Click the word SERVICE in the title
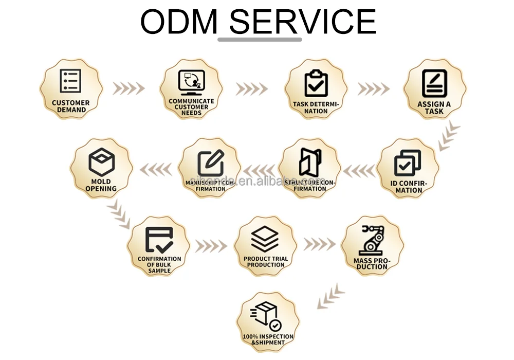click(x=302, y=22)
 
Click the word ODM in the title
click(x=179, y=22)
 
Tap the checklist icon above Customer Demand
click(x=71, y=81)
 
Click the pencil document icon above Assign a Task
click(x=434, y=83)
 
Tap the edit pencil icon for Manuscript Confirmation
click(x=211, y=163)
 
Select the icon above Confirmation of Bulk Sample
click(x=159, y=240)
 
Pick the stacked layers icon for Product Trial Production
click(x=265, y=239)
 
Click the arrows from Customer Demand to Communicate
click(x=128, y=88)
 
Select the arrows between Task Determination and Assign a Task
click(x=374, y=88)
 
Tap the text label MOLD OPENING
click(x=101, y=185)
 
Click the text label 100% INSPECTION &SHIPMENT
click(x=268, y=339)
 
